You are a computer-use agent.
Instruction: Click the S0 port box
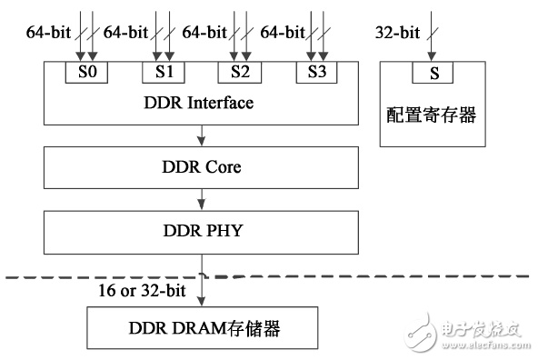coord(86,73)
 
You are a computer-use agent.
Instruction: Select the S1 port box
coord(164,73)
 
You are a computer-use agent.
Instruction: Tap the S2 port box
coord(240,73)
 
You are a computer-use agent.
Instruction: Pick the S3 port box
coord(316,73)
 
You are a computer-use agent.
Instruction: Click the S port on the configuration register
coord(433,73)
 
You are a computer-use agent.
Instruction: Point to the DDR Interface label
coord(199,103)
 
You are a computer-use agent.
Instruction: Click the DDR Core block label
coord(202,167)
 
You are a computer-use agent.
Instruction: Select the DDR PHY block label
coord(203,231)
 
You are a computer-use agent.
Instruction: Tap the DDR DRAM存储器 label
coord(204,328)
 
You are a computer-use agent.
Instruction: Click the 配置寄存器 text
coord(432,115)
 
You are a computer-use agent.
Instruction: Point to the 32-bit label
coord(397,33)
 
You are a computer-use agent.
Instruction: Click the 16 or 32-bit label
coord(142,290)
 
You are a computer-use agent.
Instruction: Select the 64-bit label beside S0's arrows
coord(48,33)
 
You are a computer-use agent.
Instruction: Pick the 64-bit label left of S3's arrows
coord(283,33)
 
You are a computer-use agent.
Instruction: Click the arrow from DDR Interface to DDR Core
coord(202,135)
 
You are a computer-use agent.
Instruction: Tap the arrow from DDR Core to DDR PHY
coord(202,199)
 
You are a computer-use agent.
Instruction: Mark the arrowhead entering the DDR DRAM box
coord(202,301)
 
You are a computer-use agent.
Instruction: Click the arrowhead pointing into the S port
coord(432,56)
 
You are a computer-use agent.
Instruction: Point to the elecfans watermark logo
coord(421,332)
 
